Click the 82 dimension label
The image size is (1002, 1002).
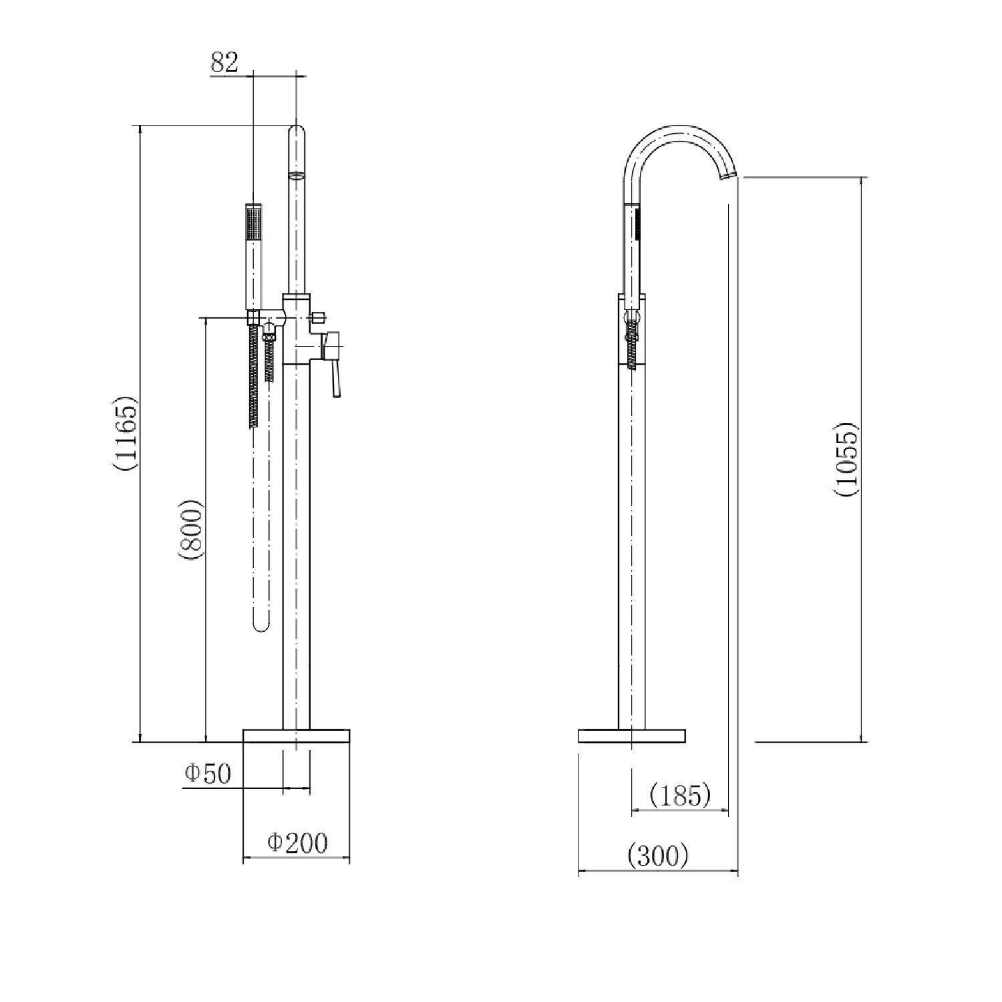click(224, 63)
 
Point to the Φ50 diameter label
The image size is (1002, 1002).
click(208, 774)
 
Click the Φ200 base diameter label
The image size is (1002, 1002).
click(298, 843)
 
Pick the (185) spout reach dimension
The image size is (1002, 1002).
click(679, 795)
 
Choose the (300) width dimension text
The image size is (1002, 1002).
click(658, 855)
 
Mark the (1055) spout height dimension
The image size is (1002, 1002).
click(845, 460)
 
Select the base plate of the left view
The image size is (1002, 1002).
click(297, 735)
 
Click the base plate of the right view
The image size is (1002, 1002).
click(631, 735)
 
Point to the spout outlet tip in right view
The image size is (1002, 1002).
click(728, 176)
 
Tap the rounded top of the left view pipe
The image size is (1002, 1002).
click(297, 130)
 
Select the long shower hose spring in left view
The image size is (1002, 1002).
click(254, 374)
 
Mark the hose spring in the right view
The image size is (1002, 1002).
click(632, 341)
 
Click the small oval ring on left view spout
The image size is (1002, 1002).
click(297, 176)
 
